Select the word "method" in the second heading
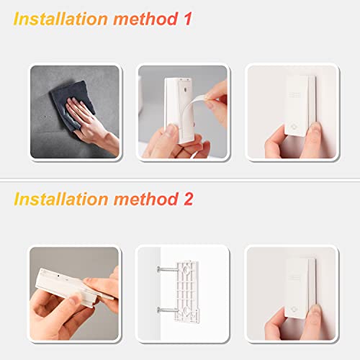[x=145, y=198]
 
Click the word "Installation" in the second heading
[x=62, y=198]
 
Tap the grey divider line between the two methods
[x=180, y=179]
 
